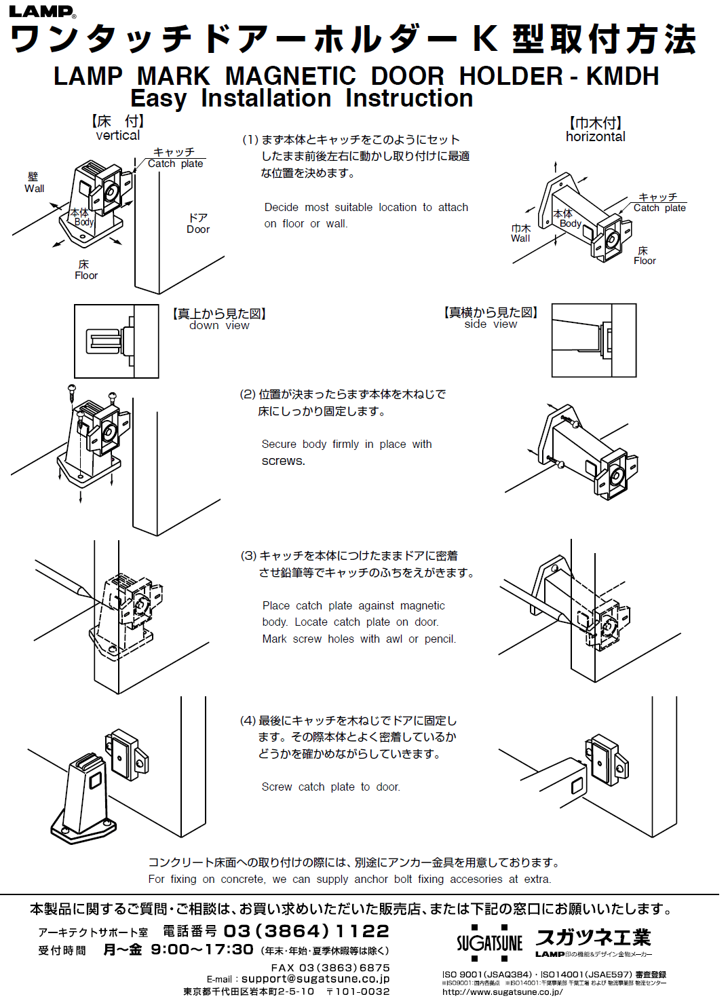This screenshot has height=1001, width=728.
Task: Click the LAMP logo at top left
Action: pos(42,12)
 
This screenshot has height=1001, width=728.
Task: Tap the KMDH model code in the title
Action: pos(622,76)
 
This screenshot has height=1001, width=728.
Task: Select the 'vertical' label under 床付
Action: pos(118,136)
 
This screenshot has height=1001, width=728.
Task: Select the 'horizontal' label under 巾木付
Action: pos(595,136)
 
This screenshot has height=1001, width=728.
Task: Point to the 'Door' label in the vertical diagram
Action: pos(198,229)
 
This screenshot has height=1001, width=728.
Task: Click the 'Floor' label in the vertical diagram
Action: pos(86,276)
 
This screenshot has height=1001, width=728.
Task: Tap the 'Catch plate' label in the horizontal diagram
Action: pos(659,208)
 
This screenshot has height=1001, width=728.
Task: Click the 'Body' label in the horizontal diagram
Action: pos(570,223)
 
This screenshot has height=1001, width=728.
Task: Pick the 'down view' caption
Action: pos(219,326)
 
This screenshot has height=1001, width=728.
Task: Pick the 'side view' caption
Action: pos(491,324)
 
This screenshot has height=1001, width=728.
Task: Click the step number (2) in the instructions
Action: pos(248,394)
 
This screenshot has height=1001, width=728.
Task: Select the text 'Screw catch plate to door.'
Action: pos(331,787)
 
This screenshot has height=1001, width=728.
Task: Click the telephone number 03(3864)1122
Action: pos(306,931)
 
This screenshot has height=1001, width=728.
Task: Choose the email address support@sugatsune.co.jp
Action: pos(315,979)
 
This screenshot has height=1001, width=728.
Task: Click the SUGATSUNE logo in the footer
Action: pos(489,943)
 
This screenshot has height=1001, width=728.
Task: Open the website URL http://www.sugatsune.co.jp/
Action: pos(502,991)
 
